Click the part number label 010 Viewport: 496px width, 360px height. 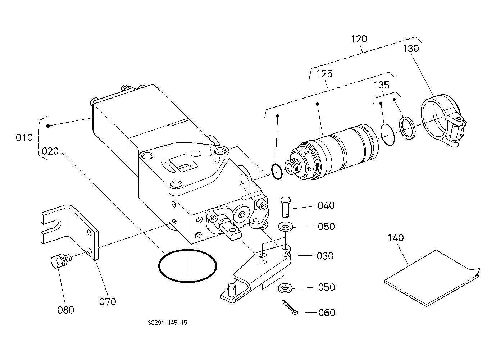tap(24, 137)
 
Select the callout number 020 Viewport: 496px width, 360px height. tap(50, 151)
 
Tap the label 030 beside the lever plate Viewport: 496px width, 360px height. tap(325, 256)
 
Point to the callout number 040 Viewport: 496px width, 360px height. tap(326, 205)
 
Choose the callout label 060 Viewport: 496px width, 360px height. tap(327, 313)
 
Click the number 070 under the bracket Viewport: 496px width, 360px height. tap(108, 301)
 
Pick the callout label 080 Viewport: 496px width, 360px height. tap(66, 310)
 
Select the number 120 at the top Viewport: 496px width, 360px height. tap(359, 39)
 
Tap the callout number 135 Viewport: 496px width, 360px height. tap(382, 85)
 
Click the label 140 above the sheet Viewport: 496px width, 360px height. tap(396, 238)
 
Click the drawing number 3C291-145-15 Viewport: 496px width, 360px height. tap(167, 323)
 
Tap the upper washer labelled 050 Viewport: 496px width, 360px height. tap(286, 227)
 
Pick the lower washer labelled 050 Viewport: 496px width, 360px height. tap(285, 288)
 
